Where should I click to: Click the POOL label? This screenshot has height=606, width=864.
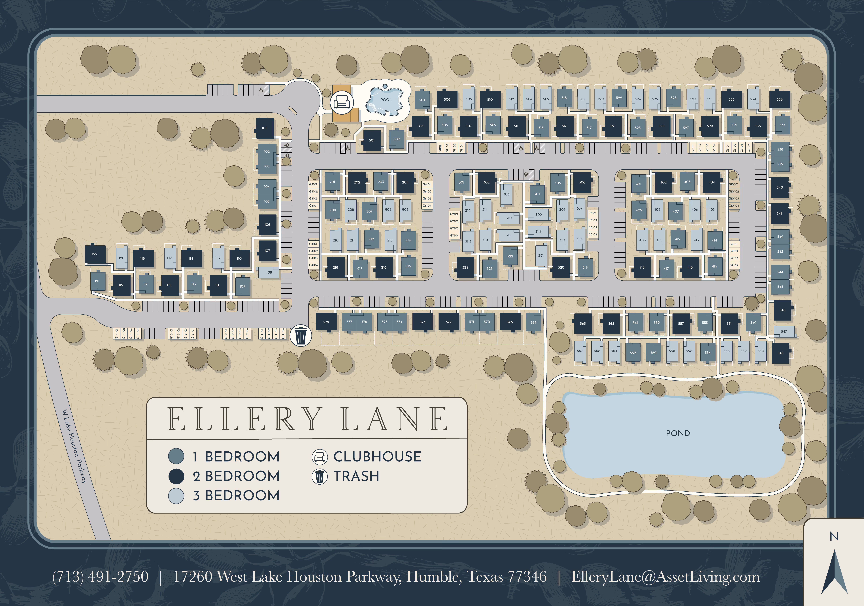pos(386,100)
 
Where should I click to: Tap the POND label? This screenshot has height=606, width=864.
pos(678,433)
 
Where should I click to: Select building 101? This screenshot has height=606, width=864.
pos(264,128)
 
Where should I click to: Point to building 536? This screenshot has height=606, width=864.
pos(779,99)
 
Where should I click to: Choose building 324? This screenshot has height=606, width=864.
pos(465,267)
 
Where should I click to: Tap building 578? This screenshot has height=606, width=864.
pos(326,322)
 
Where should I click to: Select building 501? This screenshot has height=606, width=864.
pos(372,140)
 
